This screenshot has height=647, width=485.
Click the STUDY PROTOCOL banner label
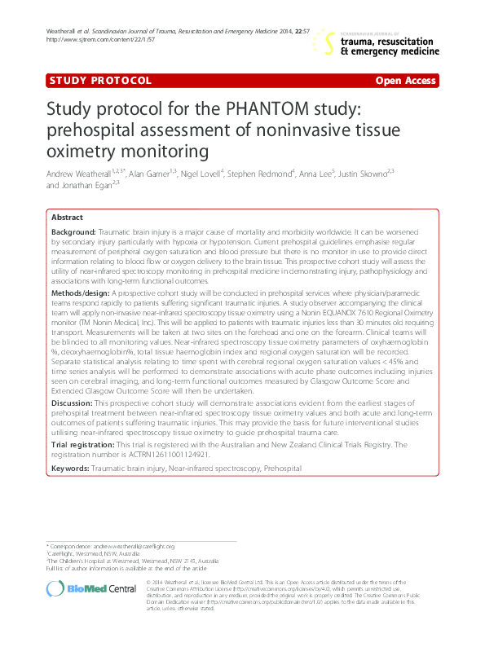pos(100,81)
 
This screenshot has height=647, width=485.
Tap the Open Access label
pos(405,81)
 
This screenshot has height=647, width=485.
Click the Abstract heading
pos(67,218)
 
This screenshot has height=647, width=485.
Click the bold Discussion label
pos(73,403)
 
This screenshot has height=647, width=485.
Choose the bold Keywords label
pos(71,469)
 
